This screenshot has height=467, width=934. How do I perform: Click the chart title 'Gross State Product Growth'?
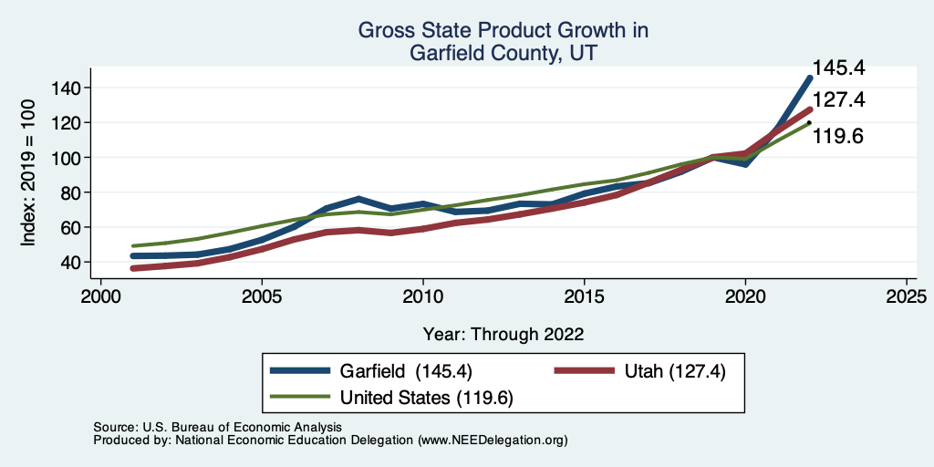(x=503, y=30)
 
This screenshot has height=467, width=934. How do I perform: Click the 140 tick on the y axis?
(x=70, y=88)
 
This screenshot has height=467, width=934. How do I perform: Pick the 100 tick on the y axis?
(x=70, y=158)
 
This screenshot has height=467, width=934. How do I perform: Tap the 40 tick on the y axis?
(x=75, y=263)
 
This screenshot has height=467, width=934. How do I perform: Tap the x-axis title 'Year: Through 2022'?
(x=503, y=334)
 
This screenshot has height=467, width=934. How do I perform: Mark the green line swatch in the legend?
(x=300, y=397)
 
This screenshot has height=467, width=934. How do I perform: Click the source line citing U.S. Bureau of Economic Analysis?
(x=217, y=427)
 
